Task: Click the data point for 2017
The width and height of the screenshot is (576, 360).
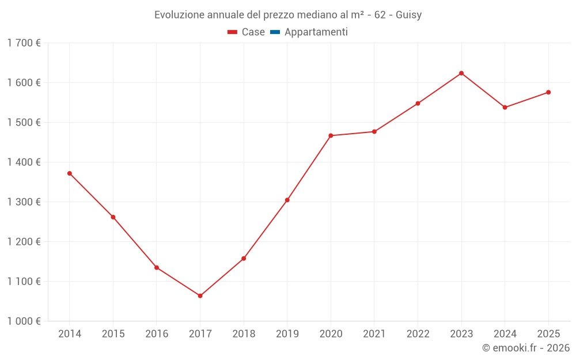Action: pyautogui.click(x=200, y=295)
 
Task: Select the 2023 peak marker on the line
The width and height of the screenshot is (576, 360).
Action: pyautogui.click(x=461, y=73)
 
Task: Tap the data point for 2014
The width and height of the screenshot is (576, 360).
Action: pyautogui.click(x=70, y=173)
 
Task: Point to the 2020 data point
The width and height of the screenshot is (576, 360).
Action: pyautogui.click(x=331, y=135)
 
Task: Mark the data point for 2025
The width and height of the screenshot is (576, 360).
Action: pyautogui.click(x=548, y=92)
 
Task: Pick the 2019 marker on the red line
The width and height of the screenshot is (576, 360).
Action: pyautogui.click(x=287, y=200)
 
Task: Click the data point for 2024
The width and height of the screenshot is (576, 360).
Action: pyautogui.click(x=505, y=107)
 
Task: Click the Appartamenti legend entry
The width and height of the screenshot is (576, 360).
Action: pyautogui.click(x=316, y=32)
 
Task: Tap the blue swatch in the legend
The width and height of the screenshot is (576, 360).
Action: pyautogui.click(x=275, y=32)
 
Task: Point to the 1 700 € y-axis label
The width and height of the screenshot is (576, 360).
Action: pyautogui.click(x=24, y=43)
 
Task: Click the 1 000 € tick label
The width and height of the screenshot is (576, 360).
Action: pyautogui.click(x=24, y=321)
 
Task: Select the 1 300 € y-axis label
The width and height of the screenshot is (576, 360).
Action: pyautogui.click(x=24, y=202)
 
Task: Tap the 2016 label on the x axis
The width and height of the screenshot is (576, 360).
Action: pyautogui.click(x=157, y=334)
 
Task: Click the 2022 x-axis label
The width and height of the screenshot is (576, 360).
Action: pyautogui.click(x=418, y=334)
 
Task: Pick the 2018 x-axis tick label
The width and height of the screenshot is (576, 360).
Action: pyautogui.click(x=244, y=334)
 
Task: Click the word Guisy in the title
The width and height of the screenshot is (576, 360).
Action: pyautogui.click(x=408, y=14)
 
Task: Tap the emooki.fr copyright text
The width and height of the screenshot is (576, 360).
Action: pyautogui.click(x=525, y=348)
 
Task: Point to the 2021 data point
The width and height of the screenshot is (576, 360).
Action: pyautogui.click(x=374, y=131)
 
